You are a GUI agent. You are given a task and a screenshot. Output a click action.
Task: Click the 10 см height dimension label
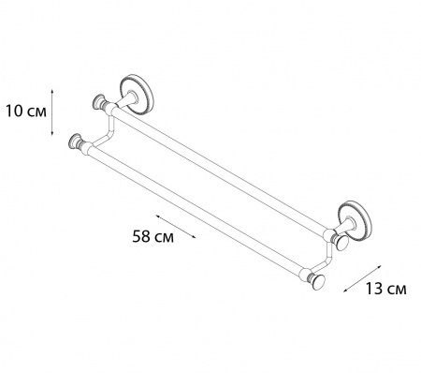26,112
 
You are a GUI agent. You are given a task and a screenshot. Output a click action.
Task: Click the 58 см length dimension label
153,236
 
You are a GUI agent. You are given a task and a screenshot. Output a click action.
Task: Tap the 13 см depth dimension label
385,289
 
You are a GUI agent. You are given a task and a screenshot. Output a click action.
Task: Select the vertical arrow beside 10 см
52,112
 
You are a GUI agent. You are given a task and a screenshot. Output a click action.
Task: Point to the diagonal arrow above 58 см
176,227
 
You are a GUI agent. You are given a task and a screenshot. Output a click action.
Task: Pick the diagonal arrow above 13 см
363,278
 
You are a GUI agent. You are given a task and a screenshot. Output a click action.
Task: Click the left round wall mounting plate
137,95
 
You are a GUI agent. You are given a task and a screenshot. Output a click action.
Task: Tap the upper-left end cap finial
100,101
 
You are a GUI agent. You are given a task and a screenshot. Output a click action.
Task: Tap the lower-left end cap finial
76,142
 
